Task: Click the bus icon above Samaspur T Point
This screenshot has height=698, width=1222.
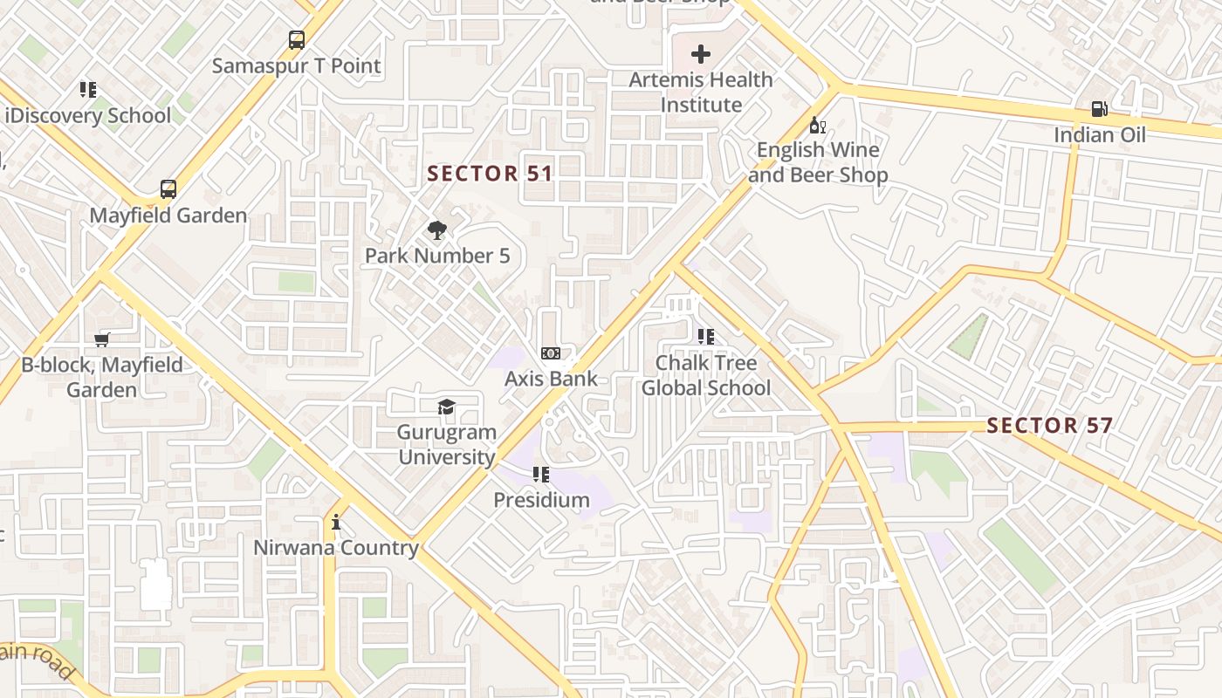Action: tap(297, 39)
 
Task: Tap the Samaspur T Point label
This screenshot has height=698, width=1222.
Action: tap(297, 65)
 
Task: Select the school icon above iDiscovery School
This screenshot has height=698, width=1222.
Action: tap(87, 89)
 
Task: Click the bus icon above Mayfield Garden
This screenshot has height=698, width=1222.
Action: tap(168, 189)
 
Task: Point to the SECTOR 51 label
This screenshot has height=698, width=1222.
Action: tap(490, 174)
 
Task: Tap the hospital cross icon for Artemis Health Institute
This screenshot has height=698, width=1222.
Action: tap(700, 54)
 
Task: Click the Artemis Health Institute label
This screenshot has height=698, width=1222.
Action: tap(701, 92)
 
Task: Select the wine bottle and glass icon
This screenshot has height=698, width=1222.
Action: tap(818, 125)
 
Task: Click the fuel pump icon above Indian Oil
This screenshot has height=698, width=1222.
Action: tap(1099, 109)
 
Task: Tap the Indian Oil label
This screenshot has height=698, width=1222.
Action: tap(1099, 134)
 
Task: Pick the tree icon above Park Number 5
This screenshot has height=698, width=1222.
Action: tap(437, 230)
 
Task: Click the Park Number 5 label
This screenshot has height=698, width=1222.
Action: tap(437, 256)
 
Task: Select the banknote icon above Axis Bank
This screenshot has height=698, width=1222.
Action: tap(551, 353)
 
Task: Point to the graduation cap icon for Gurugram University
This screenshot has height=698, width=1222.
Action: tap(446, 407)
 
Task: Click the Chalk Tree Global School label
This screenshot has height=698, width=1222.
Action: tap(706, 375)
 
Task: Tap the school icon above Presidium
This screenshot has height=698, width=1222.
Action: tap(541, 475)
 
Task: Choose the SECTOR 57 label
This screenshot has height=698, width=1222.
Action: tap(1049, 426)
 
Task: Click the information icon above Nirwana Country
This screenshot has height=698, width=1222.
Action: tap(336, 523)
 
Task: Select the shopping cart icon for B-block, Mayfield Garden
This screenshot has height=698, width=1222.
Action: tap(102, 339)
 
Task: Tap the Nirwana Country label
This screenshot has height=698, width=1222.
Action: tap(336, 548)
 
